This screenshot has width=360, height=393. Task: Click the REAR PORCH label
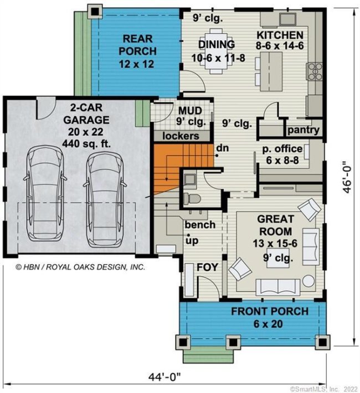139,51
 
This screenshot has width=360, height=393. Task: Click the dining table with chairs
214,61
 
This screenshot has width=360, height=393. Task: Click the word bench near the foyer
199,225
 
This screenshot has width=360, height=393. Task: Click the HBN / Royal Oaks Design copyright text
80,266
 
